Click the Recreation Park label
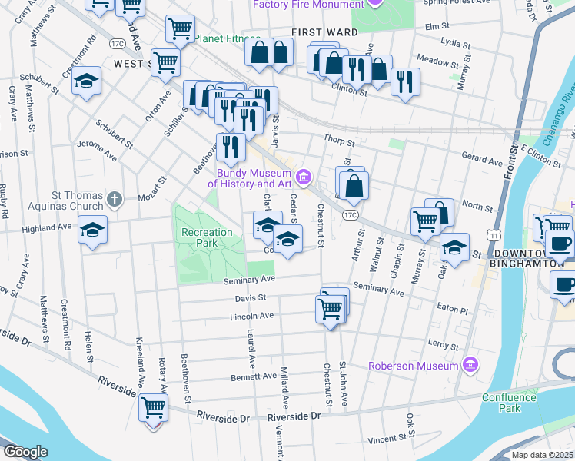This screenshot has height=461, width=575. [x=206, y=237]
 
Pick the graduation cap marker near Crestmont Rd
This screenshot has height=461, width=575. [x=87, y=81]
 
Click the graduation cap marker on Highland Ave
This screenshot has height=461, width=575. [x=92, y=230]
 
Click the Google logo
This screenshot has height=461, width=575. [x=26, y=452]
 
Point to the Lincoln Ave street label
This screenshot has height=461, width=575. [x=251, y=316]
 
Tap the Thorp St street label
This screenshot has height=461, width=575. [x=338, y=142]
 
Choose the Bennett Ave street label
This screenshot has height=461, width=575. [x=253, y=376]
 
